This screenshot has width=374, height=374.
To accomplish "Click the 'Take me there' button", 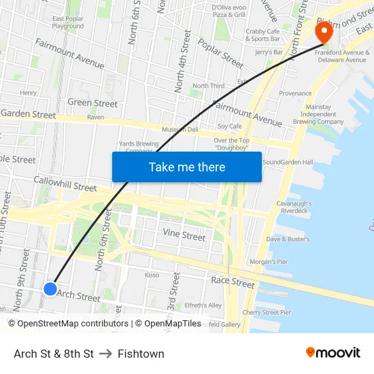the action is (187, 167).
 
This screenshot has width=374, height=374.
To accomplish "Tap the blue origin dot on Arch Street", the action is (50, 289).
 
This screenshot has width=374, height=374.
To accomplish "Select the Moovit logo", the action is (333, 353).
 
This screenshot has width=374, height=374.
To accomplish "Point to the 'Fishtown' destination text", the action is (141, 354).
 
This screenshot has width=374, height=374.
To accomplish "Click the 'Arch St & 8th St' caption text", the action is (54, 354).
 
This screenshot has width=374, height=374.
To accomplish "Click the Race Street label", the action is (233, 282).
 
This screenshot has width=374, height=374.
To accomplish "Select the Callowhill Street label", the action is (65, 183).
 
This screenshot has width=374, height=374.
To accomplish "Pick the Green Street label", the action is (92, 103).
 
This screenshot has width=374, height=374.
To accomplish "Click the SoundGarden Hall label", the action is (288, 163).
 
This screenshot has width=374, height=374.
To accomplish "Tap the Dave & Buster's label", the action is (288, 239).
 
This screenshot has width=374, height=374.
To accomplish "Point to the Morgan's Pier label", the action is (269, 262).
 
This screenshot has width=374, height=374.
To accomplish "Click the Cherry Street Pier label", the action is (267, 313).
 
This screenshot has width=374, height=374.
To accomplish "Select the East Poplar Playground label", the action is (67, 22).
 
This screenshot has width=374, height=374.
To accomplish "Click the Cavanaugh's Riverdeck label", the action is (294, 207).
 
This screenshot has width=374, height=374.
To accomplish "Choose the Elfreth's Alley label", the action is (203, 305).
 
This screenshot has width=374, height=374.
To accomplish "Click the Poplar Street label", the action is (220, 53).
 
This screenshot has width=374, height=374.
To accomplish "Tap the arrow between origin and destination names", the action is (105, 354).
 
